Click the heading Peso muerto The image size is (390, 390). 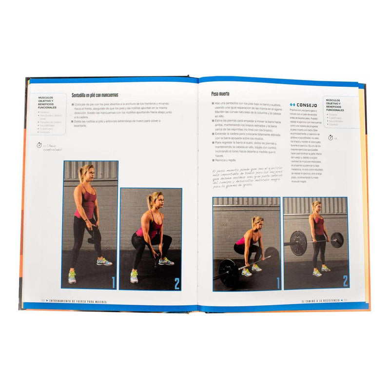(x=220, y=94)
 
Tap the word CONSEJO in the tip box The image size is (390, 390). (x=307, y=105)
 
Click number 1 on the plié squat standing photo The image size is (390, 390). (x=113, y=281)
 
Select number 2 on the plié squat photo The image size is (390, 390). (x=176, y=283)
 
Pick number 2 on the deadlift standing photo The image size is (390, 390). (x=344, y=281)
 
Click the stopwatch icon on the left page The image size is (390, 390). (x=39, y=145)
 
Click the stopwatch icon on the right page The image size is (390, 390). (x=331, y=137)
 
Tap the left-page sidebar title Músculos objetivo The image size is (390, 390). (x=47, y=102)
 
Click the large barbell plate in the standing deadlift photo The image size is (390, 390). (x=298, y=241)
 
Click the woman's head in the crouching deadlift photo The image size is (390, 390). (x=257, y=222)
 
